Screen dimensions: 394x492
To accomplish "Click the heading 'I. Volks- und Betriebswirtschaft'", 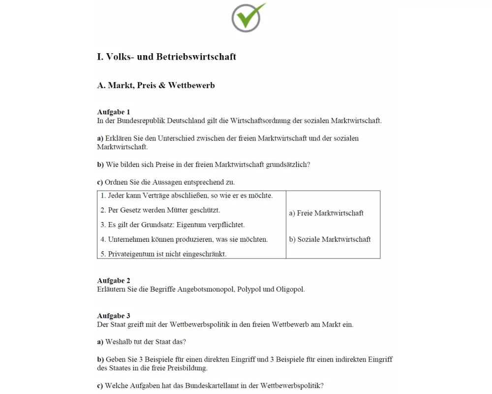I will [166, 57].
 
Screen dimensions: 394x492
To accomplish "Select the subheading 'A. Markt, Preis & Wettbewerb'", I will [156, 85].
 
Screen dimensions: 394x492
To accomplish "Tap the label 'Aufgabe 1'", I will [114, 112].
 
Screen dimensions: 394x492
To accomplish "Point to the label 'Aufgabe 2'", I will [114, 281].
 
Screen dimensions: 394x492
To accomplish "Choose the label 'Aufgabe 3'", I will [114, 316].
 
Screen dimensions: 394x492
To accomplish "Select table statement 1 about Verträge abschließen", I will [186, 196].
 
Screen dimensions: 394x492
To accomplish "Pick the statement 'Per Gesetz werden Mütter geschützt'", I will [160, 210].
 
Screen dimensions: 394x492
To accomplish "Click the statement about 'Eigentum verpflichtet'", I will [173, 225].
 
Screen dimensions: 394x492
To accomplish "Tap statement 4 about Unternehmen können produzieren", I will [184, 239].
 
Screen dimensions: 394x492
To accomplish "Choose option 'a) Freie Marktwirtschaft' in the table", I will [326, 213].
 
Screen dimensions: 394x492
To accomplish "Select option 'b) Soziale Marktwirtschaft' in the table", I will [330, 239].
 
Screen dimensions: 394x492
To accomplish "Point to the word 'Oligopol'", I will [290, 289].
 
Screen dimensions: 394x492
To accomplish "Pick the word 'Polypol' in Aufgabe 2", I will [249, 289].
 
